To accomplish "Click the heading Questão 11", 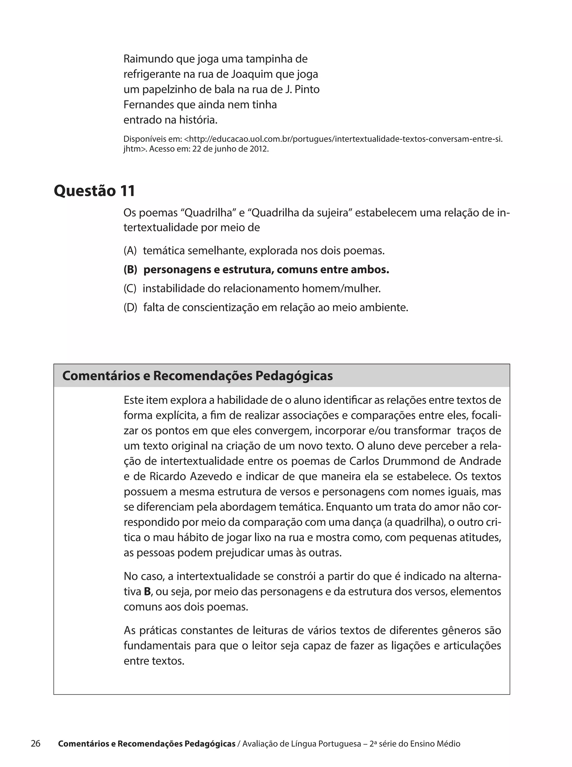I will click(x=94, y=191).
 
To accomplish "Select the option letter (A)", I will click(x=130, y=250).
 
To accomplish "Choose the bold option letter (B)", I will click(x=130, y=270).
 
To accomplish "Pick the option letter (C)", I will click(x=130, y=288).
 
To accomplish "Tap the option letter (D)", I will click(x=130, y=307).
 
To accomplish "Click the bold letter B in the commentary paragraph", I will click(x=147, y=592).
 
